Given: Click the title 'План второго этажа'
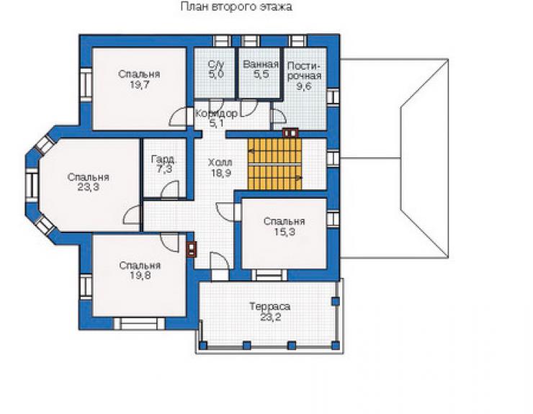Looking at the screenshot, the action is (236, 6).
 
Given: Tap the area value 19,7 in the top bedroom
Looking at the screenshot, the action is (139, 85).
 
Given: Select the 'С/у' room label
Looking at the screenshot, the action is (216, 64).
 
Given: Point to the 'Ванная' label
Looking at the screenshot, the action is (261, 64).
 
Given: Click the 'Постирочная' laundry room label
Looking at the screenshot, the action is (304, 71).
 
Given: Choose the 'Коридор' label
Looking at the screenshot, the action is (216, 114).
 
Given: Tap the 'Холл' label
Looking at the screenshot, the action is (220, 163).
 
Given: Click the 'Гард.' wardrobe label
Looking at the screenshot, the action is (164, 158).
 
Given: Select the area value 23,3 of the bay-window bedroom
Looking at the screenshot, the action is (88, 187).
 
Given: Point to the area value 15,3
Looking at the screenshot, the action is (285, 232).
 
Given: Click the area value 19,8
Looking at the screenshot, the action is (140, 275).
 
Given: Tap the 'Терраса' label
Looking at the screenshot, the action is (270, 306).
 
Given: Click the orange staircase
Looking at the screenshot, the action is (274, 164).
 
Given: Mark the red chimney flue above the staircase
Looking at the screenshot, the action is (290, 132).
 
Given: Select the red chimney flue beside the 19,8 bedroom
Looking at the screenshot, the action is (192, 249).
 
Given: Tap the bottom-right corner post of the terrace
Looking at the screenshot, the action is (336, 346).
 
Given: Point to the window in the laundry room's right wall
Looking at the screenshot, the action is (333, 97).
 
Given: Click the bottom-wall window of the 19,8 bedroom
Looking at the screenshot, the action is (139, 323).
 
